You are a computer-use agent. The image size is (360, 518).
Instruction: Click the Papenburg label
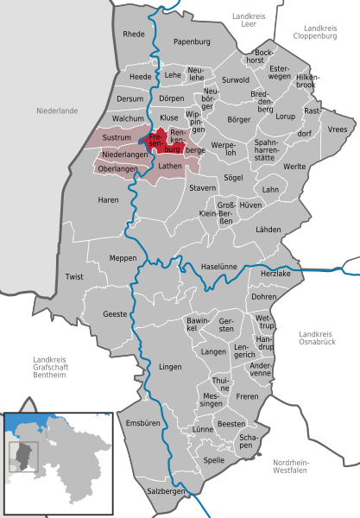192,41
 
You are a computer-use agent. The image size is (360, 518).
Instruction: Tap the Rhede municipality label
134,35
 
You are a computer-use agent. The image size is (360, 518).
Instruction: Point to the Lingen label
170,367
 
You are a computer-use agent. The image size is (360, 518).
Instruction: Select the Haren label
108,199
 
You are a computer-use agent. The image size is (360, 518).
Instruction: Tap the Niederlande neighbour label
57,111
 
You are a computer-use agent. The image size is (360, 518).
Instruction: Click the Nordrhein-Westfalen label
297,467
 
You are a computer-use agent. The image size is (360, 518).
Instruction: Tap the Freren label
247,396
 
